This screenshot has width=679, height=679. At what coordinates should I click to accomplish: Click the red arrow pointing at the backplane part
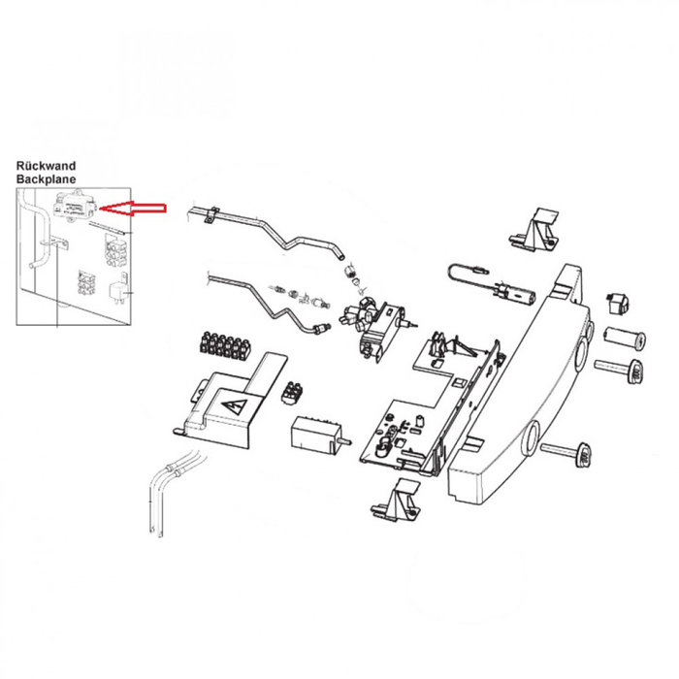coord(136,207)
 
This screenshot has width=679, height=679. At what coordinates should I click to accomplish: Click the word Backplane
coord(46,180)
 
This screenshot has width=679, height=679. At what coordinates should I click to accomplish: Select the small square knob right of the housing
coord(616,303)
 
